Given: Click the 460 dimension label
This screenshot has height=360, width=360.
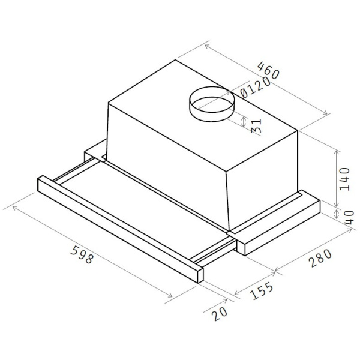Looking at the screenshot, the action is point(268,70).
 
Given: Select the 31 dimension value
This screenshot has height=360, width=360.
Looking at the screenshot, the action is point(256,125).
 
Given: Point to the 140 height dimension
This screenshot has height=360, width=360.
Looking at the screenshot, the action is point(344,179).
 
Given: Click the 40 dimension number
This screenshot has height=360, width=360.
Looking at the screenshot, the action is point(349,217).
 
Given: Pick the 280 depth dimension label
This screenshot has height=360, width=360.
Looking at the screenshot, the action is point(320,258).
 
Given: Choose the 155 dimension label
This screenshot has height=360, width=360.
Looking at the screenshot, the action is point(262,291).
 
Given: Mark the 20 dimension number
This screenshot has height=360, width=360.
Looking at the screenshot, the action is point(220,314).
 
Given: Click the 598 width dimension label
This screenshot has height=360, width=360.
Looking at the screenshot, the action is point(82,254).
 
